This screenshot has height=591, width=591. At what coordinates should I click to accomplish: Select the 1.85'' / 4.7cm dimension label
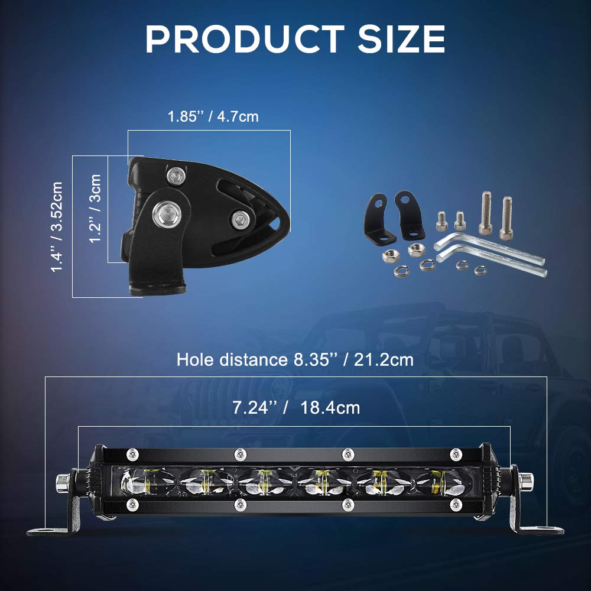tap(213, 116)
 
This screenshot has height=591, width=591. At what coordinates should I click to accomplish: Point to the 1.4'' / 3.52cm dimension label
tap(57, 226)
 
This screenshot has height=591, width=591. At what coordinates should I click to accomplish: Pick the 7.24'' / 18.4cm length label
tap(295, 407)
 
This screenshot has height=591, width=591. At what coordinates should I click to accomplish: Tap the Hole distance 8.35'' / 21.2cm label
tap(295, 359)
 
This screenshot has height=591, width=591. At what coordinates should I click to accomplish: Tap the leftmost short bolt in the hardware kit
tap(440, 222)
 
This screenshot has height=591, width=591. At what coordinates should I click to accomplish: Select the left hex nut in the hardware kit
tap(389, 255)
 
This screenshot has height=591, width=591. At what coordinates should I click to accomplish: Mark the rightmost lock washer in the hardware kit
tap(479, 269)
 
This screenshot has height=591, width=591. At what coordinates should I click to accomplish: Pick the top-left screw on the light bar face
tap(132, 454)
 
